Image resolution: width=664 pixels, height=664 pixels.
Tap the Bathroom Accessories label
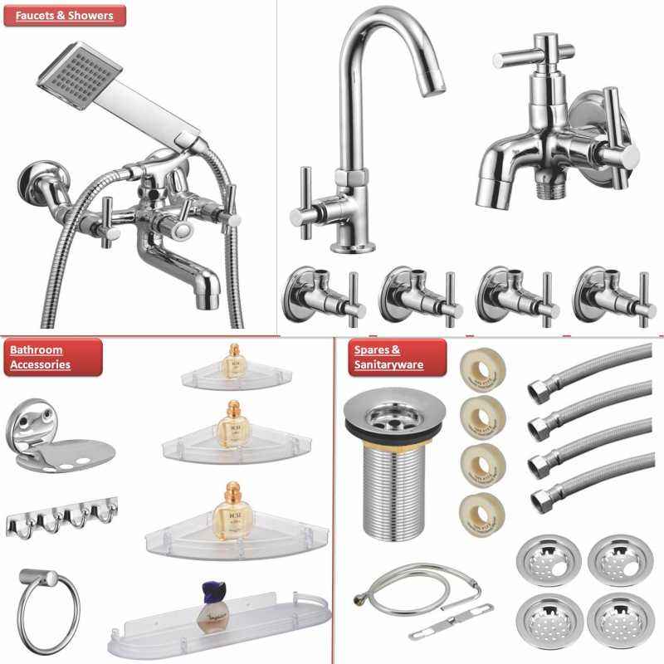point(52,357)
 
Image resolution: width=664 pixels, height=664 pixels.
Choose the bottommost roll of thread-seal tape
point(477,507)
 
